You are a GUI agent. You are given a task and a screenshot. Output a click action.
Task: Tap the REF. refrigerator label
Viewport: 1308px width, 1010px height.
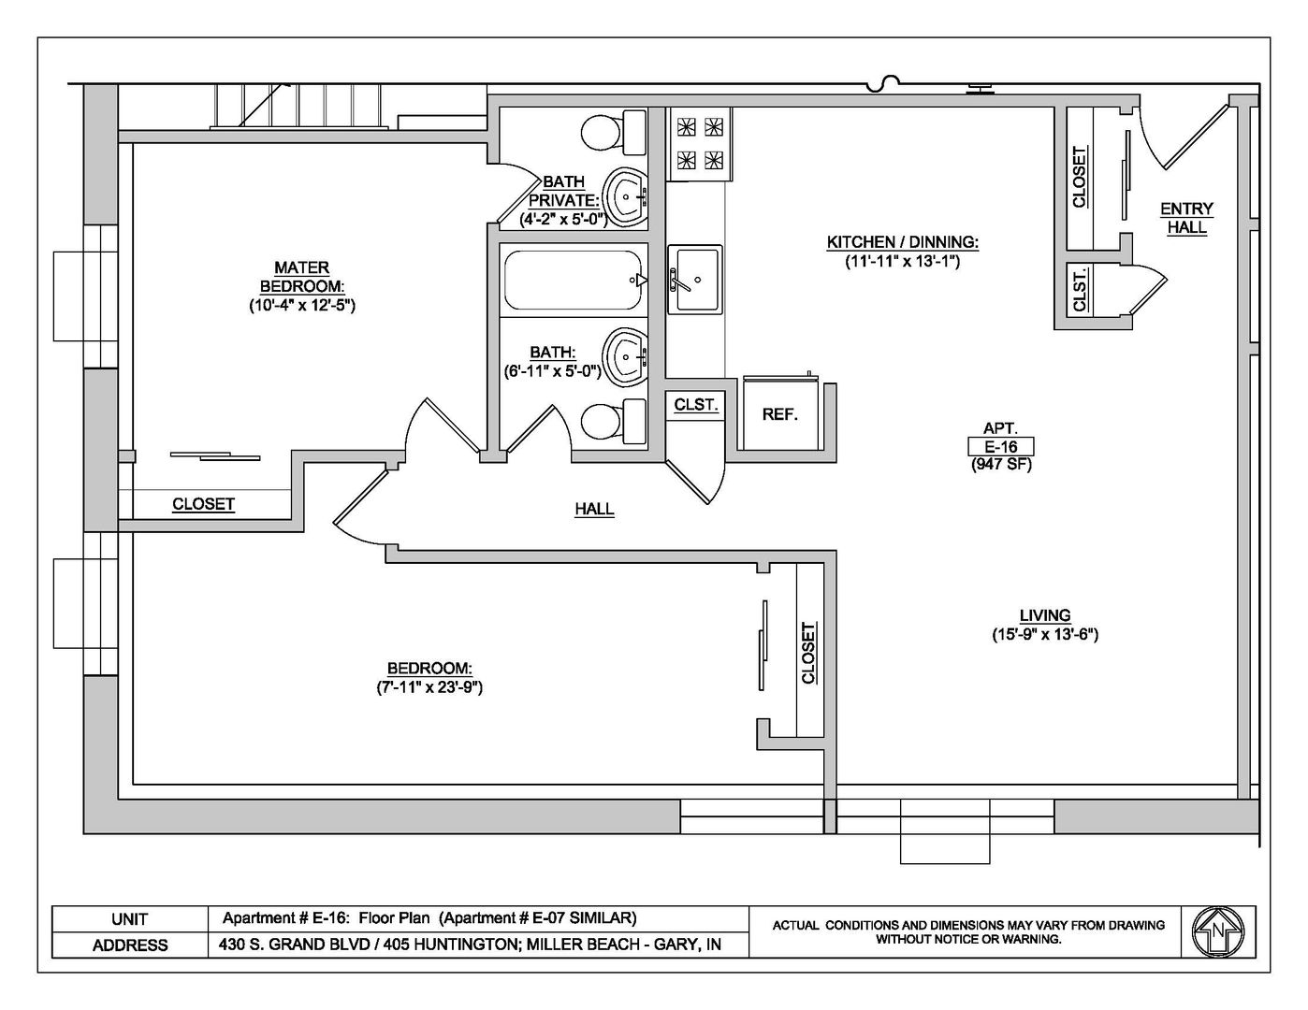coord(779,414)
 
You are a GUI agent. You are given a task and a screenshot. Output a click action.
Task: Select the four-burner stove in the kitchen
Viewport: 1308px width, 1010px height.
coord(700,144)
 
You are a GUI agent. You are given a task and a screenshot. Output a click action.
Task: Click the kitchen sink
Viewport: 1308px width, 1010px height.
coord(695,279)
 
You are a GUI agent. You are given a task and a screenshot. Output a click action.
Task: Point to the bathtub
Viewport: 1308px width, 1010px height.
coord(573,281)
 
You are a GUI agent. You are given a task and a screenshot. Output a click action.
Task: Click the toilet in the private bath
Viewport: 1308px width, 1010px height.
coord(613,132)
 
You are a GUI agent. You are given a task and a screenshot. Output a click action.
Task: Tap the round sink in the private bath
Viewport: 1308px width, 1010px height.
coord(626,197)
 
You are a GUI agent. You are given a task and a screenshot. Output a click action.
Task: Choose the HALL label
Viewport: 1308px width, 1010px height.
coord(594,509)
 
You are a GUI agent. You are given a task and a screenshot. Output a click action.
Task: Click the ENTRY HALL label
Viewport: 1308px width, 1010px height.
coord(1186,218)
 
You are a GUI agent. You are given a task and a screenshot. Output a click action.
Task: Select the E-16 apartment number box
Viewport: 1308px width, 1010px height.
coord(1000,446)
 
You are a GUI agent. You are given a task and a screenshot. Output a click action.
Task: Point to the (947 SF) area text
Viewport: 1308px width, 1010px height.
coord(1001,465)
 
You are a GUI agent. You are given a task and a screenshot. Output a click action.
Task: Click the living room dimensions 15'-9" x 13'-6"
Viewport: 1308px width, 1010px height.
coord(1045,634)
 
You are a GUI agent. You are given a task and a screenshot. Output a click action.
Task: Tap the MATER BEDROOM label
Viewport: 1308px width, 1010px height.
coord(301,277)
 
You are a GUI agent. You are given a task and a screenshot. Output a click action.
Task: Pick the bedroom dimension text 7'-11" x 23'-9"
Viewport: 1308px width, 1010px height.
coord(429,687)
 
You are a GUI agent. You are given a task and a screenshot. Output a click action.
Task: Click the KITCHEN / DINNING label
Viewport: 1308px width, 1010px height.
coord(902,242)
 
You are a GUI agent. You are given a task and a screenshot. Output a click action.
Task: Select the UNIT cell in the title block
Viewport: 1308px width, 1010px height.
coord(129,919)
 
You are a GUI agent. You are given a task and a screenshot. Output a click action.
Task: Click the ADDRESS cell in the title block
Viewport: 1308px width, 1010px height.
coord(129,945)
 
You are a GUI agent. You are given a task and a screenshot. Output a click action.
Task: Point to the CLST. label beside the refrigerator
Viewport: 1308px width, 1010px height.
coord(696,405)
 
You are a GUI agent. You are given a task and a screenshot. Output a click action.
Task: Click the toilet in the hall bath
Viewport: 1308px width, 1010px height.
coord(613,421)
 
